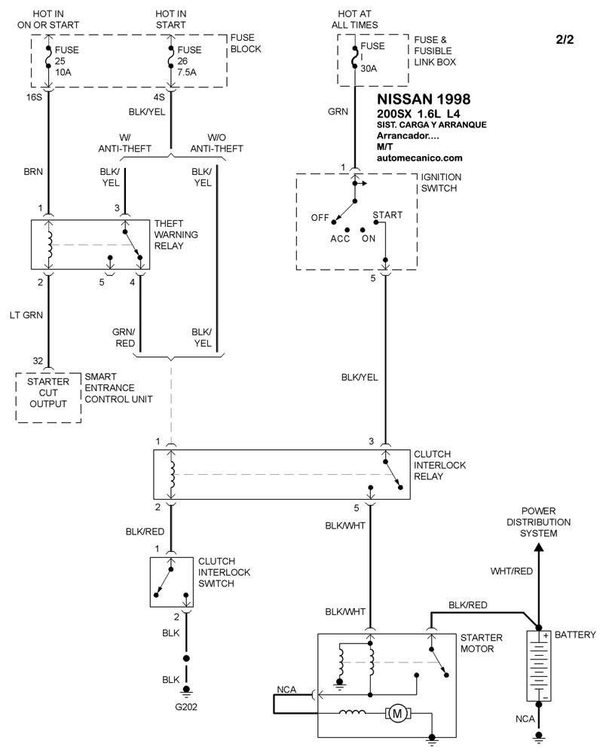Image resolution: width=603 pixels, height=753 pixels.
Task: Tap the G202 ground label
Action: tap(186, 706)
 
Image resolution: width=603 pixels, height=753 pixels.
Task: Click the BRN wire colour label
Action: tap(34, 173)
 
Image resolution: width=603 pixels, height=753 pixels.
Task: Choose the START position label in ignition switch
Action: tap(388, 215)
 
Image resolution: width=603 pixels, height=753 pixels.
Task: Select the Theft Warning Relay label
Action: tap(176, 234)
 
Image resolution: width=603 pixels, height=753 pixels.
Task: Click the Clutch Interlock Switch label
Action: tap(224, 572)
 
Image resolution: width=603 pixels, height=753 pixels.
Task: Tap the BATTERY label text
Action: tap(575, 635)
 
